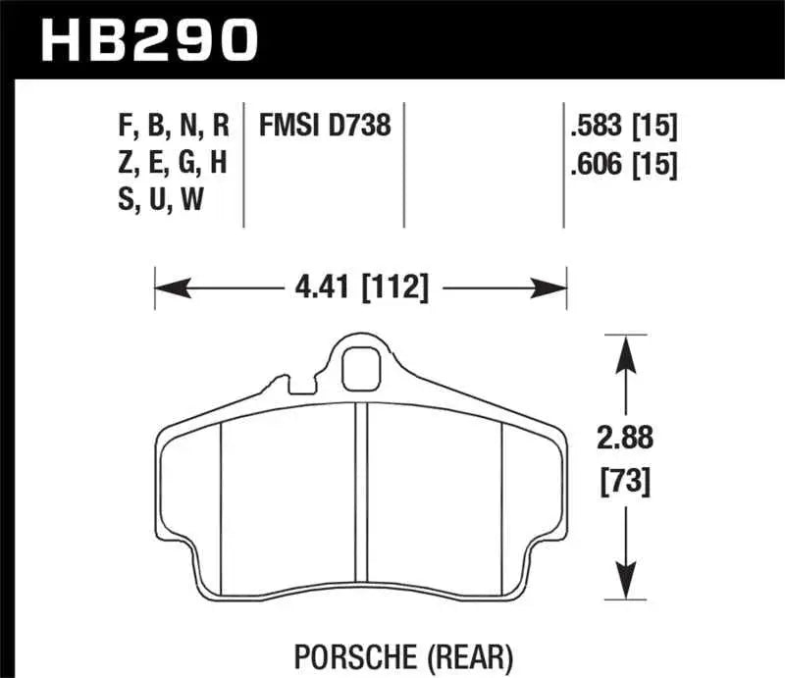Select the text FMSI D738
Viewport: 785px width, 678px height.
click(x=324, y=126)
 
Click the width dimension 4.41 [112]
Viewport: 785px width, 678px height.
click(x=360, y=288)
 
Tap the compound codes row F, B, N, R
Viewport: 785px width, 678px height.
click(x=172, y=126)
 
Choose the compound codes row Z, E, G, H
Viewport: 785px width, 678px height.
click(x=172, y=162)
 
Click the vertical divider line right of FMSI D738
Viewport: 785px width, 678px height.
click(x=406, y=162)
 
